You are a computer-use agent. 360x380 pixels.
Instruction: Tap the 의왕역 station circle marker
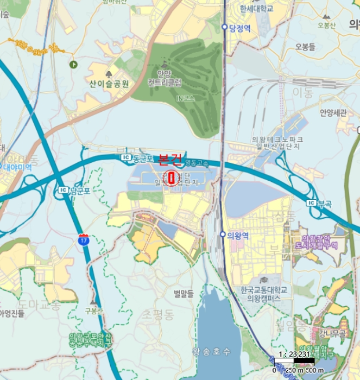click(x=223, y=235)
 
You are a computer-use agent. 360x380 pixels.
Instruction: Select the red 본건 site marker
click(x=172, y=178)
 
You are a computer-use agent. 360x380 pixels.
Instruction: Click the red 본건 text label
click(x=169, y=160)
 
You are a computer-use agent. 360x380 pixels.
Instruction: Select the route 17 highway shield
click(x=83, y=239)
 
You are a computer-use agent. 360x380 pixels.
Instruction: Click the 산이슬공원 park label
click(x=109, y=84)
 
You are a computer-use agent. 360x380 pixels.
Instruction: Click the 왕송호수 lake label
click(x=211, y=351)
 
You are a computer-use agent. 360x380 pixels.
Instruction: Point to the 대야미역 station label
click(x=16, y=168)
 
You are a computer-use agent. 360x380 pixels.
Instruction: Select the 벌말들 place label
click(x=184, y=294)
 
